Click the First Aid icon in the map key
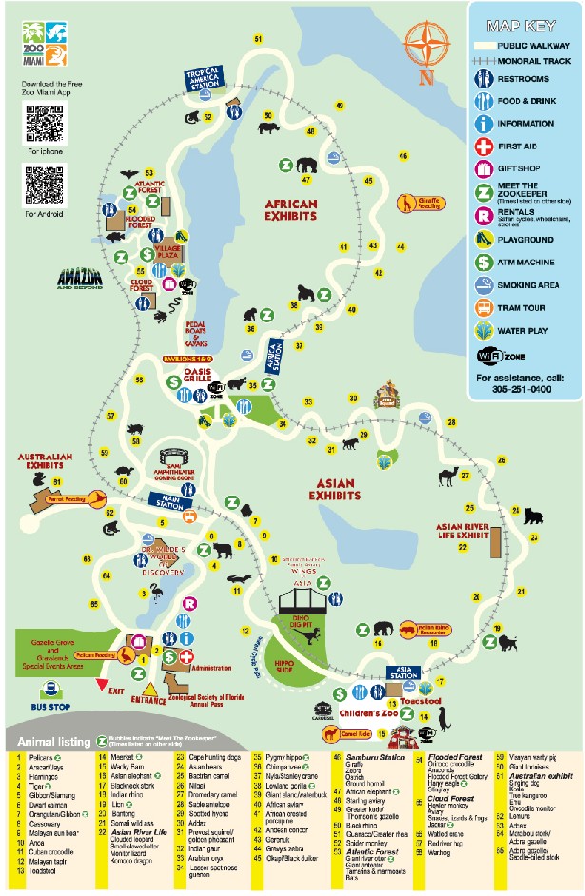[x=483, y=146]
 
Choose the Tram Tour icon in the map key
[x=483, y=307]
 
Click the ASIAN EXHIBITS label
[x=334, y=490]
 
